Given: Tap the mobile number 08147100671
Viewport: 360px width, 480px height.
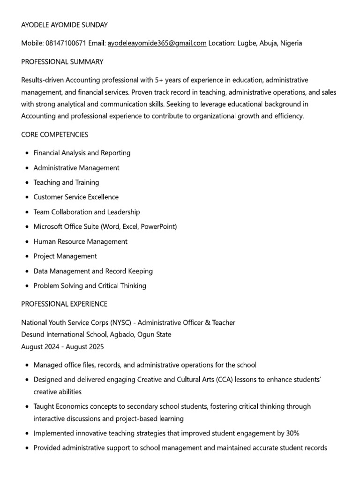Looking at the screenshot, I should pyautogui.click(x=66, y=43).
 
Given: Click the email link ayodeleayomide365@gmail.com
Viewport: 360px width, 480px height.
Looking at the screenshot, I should pyautogui.click(x=157, y=43).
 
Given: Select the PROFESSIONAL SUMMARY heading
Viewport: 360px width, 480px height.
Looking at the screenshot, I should pyautogui.click(x=62, y=62).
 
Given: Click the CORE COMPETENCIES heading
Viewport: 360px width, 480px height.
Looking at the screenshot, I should pyautogui.click(x=55, y=135).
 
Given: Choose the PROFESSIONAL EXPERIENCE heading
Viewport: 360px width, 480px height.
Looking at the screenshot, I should pyautogui.click(x=64, y=304).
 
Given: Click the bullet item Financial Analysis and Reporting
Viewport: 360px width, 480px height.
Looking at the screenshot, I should pyautogui.click(x=82, y=153).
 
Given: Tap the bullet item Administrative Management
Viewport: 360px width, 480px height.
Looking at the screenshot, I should pyautogui.click(x=76, y=168).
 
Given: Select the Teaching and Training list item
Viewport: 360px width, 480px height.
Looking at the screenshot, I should pyautogui.click(x=66, y=182).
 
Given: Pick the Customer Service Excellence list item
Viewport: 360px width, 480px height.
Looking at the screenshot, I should pyautogui.click(x=76, y=197).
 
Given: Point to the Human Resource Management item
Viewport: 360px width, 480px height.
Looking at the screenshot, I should pyautogui.click(x=80, y=241).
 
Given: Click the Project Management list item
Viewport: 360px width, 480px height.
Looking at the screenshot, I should pyautogui.click(x=65, y=256).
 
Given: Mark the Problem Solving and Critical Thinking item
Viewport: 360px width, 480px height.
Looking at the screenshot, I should pyautogui.click(x=90, y=285).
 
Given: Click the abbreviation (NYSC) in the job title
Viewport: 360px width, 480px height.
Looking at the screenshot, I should pyautogui.click(x=120, y=322).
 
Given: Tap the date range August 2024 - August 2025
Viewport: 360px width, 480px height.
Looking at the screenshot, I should pyautogui.click(x=62, y=347).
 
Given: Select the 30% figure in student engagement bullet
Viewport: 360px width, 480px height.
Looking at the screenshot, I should pyautogui.click(x=291, y=433).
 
